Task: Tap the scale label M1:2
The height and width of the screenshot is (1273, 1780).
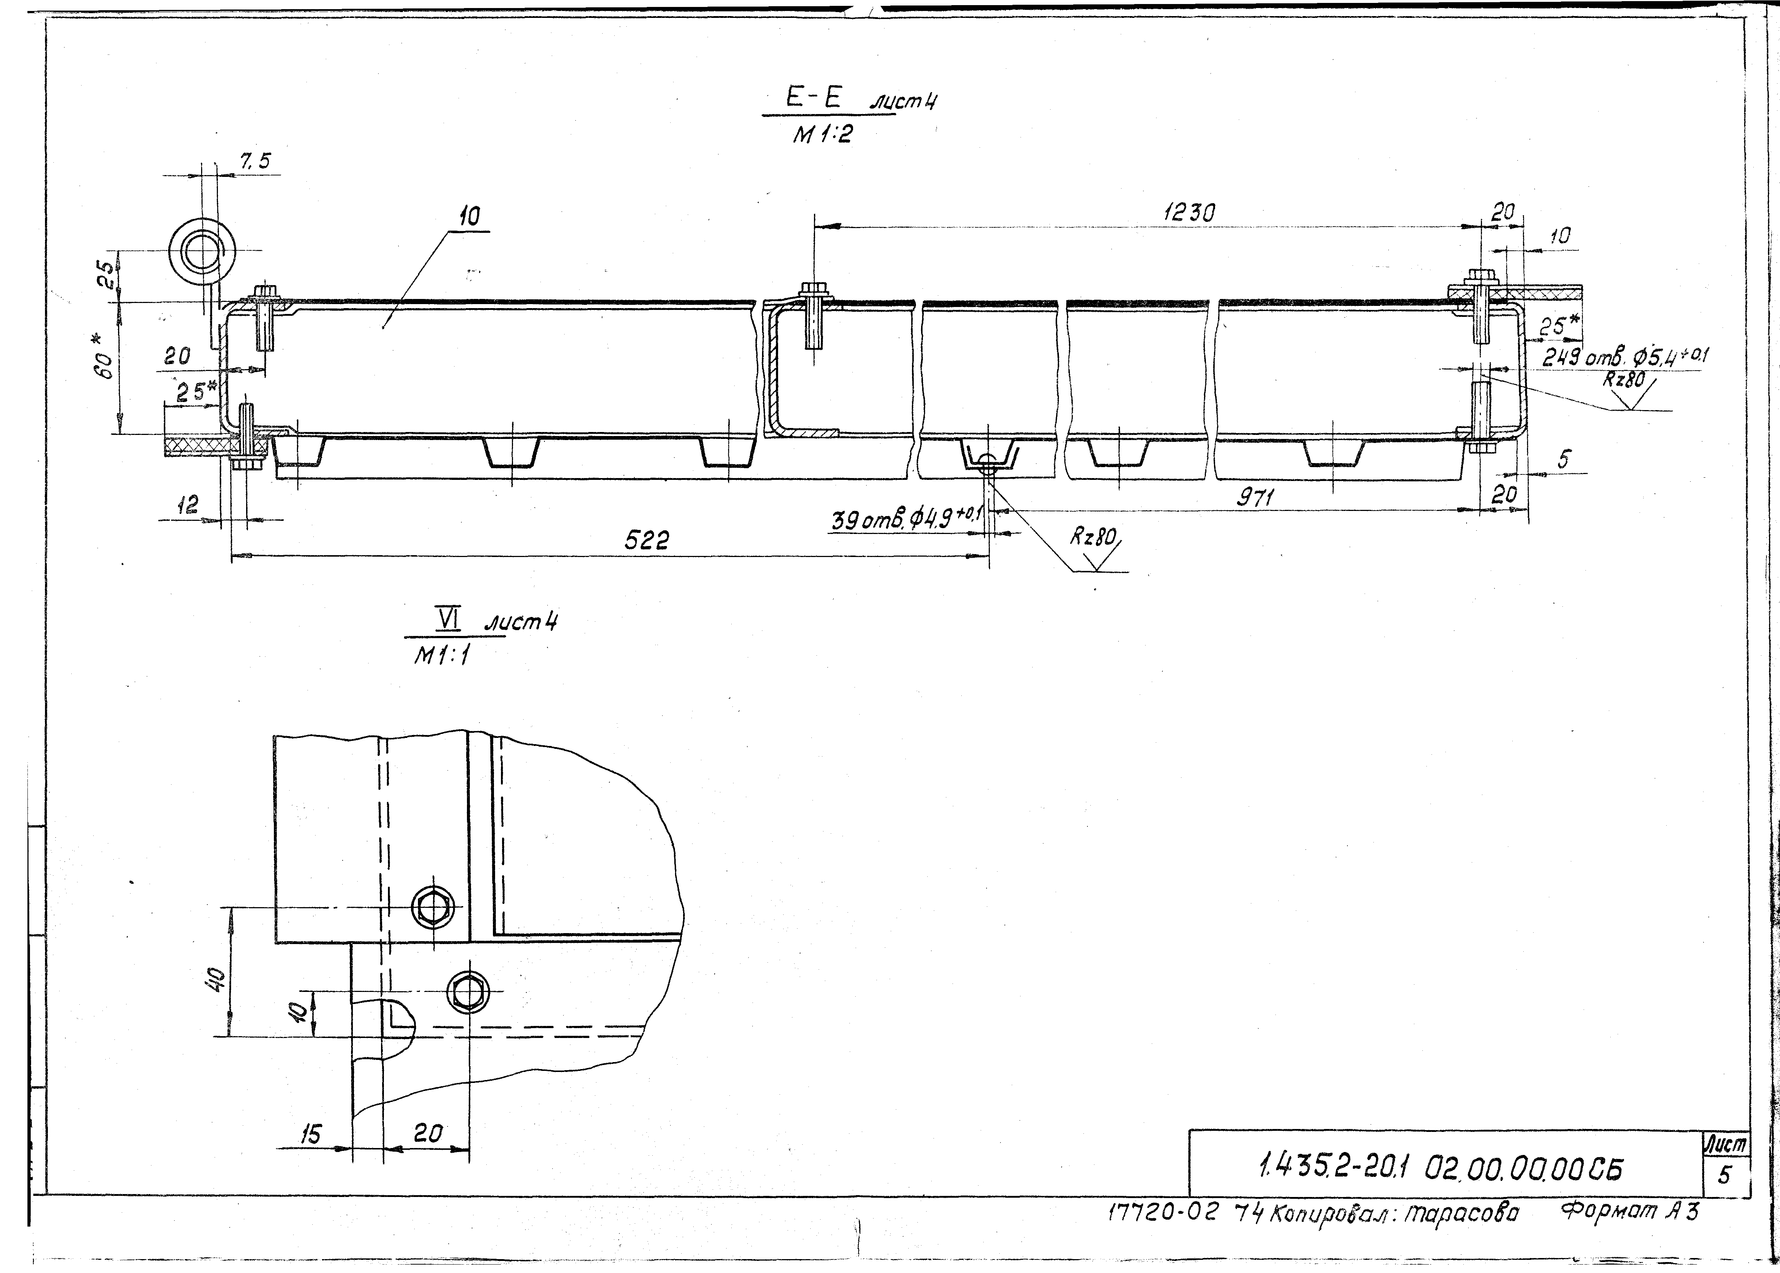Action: tap(822, 136)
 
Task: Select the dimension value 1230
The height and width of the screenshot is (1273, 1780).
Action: tap(1189, 213)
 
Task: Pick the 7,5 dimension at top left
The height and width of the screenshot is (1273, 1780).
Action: tap(255, 162)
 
